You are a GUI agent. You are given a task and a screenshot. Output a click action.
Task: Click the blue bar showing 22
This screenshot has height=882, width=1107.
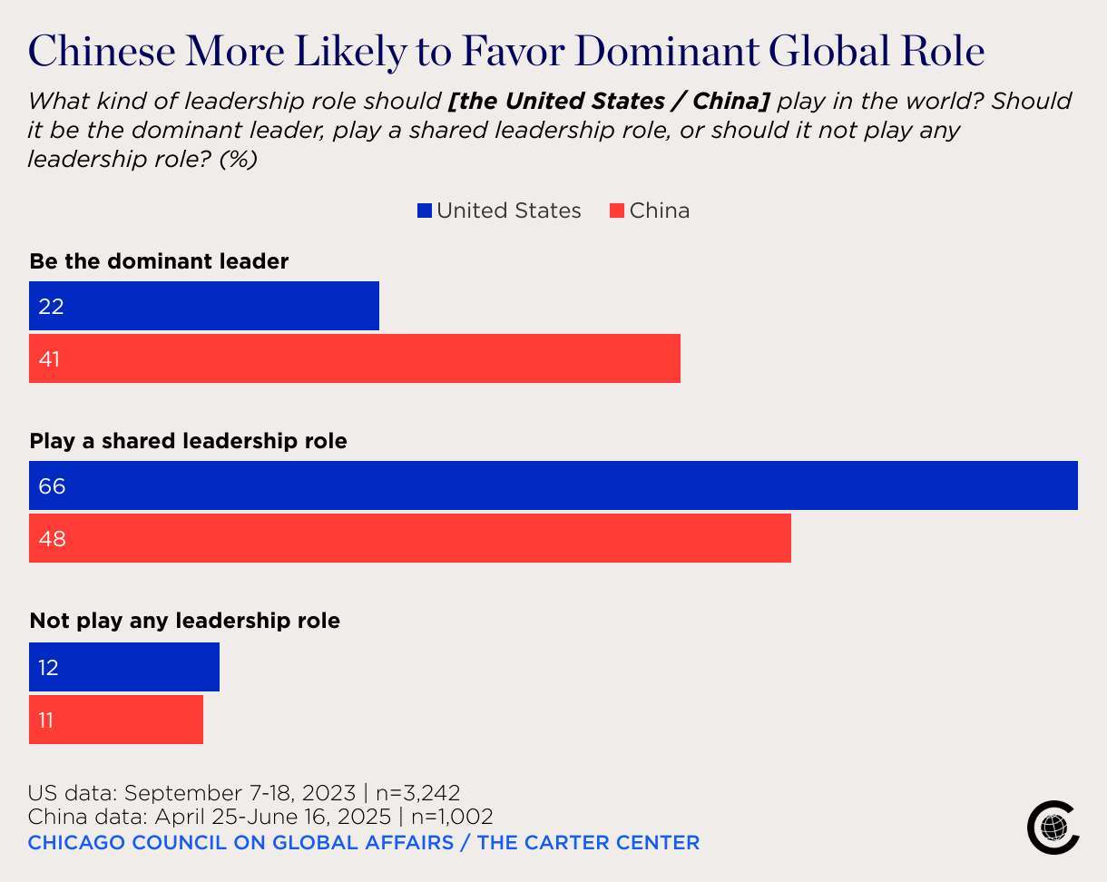pyautogui.click(x=204, y=306)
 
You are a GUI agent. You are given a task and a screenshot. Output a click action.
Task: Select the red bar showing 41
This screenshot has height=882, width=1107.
pyautogui.click(x=354, y=358)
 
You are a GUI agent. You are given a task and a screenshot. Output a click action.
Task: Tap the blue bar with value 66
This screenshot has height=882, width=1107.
pyautogui.click(x=553, y=485)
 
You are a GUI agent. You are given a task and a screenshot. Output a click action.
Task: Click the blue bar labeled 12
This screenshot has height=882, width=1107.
pyautogui.click(x=124, y=667)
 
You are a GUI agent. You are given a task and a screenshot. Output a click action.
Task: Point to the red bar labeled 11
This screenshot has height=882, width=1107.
pyautogui.click(x=116, y=720)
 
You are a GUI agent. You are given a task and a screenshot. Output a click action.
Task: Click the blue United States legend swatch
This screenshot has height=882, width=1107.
pyautogui.click(x=425, y=211)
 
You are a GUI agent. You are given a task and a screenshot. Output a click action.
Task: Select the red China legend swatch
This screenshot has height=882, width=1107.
pyautogui.click(x=617, y=211)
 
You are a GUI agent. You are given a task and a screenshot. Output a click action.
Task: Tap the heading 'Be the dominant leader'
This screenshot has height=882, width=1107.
pyautogui.click(x=159, y=261)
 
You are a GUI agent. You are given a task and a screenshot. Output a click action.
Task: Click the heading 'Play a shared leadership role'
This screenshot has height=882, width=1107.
pyautogui.click(x=189, y=442)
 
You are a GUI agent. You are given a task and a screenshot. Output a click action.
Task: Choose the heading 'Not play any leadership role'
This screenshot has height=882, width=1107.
pyautogui.click(x=185, y=622)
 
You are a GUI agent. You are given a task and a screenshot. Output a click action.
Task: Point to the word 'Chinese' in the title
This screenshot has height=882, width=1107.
pyautogui.click(x=103, y=51)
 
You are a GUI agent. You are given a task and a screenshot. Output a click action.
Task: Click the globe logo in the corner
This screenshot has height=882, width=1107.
pyautogui.click(x=1053, y=827)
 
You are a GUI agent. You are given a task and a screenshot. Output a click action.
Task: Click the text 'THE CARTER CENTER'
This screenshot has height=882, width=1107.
pyautogui.click(x=589, y=842)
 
